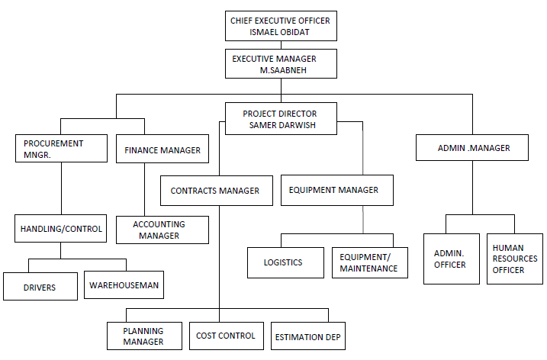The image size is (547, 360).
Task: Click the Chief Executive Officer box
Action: point(281,26)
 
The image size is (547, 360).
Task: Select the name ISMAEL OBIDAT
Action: point(279,32)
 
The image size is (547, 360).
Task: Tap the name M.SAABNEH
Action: point(283,70)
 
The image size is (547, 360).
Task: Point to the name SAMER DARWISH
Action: point(282,125)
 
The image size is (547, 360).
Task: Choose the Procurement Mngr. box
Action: point(61,148)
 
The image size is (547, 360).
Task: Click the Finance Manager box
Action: point(162,149)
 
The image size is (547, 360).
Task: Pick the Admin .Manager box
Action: point(472,147)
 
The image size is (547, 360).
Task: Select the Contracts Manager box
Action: point(217,191)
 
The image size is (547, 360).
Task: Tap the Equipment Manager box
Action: point(337,190)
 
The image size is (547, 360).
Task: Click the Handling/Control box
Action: point(61,229)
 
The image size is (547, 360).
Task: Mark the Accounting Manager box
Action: point(162,230)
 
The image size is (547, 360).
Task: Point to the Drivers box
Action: point(40,286)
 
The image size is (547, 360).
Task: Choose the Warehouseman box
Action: point(124,284)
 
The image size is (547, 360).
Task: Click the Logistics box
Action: point(285,262)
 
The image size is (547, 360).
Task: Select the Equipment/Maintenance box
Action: point(370,262)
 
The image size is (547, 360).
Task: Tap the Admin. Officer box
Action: point(452,259)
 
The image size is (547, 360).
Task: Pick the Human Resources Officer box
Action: point(515,259)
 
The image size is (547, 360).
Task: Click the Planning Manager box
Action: point(144,336)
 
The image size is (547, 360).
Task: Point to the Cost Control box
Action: point(227,336)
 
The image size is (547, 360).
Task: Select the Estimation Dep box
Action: point(308,336)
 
